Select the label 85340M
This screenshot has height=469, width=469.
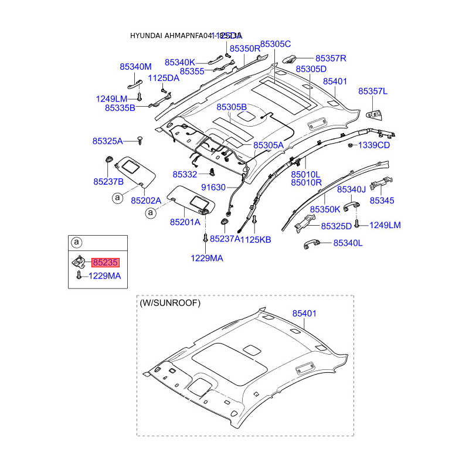(135, 67)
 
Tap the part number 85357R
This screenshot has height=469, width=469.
(331, 59)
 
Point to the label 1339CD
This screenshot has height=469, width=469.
(373, 145)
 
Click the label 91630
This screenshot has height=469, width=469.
(213, 188)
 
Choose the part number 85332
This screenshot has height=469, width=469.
(185, 175)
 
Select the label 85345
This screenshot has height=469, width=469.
(382, 200)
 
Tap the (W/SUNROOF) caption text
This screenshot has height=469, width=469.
(170, 303)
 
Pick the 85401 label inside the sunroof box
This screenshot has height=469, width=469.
(304, 314)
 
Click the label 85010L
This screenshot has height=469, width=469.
(306, 174)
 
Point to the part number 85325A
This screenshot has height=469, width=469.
(107, 141)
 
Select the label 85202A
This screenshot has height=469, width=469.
(146, 200)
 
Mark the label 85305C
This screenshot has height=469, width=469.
(276, 44)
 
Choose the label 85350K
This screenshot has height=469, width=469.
(325, 209)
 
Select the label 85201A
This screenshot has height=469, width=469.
(185, 222)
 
